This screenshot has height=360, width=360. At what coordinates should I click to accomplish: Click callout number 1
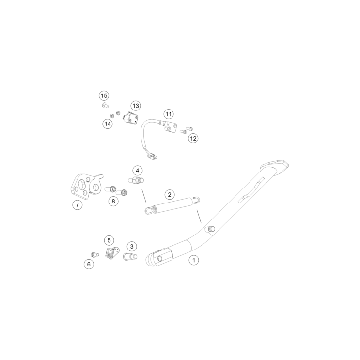pyautogui.click(x=193, y=260)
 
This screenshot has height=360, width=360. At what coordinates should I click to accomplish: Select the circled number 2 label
pyautogui.click(x=170, y=195)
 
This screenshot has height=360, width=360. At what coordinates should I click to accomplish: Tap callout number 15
pyautogui.click(x=104, y=95)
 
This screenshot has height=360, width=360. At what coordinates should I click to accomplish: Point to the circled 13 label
pyautogui.click(x=136, y=106)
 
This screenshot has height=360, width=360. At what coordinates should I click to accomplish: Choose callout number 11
pyautogui.click(x=169, y=114)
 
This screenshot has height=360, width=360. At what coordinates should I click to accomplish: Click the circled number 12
pyautogui.click(x=193, y=138)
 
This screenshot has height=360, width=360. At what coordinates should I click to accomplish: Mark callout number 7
pyautogui.click(x=78, y=205)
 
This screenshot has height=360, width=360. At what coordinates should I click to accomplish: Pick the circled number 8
pyautogui.click(x=113, y=202)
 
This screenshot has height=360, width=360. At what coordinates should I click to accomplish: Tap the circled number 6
pyautogui.click(x=89, y=264)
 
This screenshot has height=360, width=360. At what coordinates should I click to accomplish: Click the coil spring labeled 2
pyautogui.click(x=172, y=204)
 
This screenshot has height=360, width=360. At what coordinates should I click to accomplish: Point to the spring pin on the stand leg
pyautogui.click(x=211, y=229)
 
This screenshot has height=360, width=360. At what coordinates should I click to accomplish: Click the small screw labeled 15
pyautogui.click(x=105, y=106)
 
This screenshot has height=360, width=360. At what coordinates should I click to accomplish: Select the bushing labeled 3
pyautogui.click(x=130, y=256)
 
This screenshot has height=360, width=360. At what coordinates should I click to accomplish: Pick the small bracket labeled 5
pyautogui.click(x=112, y=252)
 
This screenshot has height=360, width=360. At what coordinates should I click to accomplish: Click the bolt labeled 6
pyautogui.click(x=95, y=254)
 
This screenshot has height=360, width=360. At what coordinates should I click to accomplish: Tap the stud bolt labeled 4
pyautogui.click(x=136, y=180)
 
